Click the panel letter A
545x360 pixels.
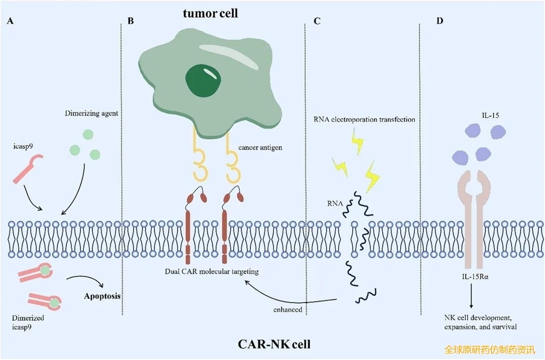pos(10,22)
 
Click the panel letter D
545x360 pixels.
pos(440,22)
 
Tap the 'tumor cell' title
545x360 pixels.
pos(210,14)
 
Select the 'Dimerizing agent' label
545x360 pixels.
pos(91,113)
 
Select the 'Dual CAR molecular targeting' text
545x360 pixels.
pos(211,272)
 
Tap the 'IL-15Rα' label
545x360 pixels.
pos(472,276)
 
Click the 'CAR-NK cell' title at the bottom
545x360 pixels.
pos(274,345)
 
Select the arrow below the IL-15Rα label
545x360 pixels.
pos(472,295)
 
